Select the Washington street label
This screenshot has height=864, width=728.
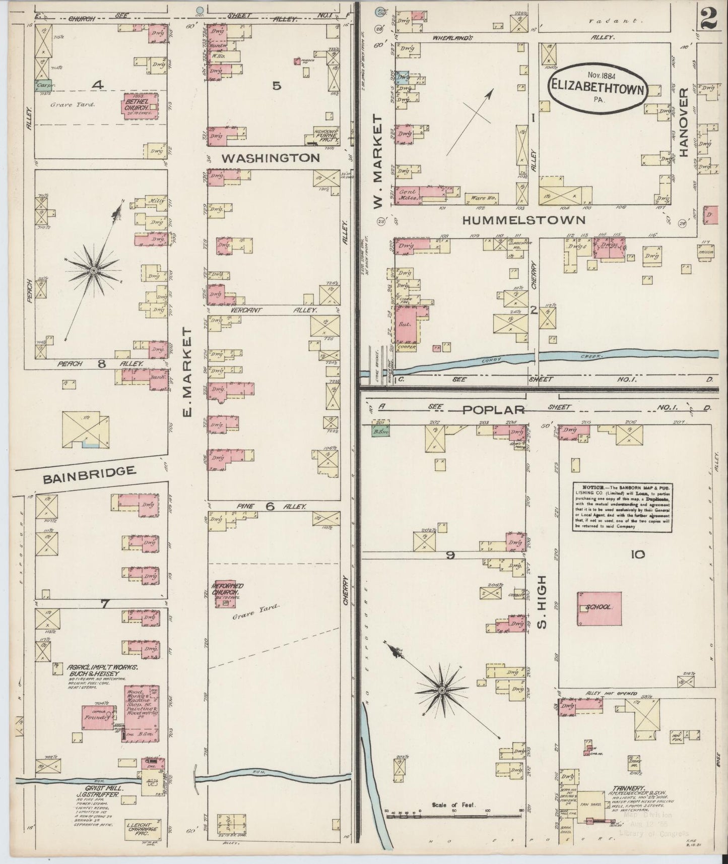point(271,158)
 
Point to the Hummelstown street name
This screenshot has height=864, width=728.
point(523,220)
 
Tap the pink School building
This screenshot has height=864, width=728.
point(599,608)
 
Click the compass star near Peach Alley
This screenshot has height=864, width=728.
point(94,271)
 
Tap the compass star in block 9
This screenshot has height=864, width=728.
point(442,690)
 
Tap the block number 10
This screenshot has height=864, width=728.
point(637,554)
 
